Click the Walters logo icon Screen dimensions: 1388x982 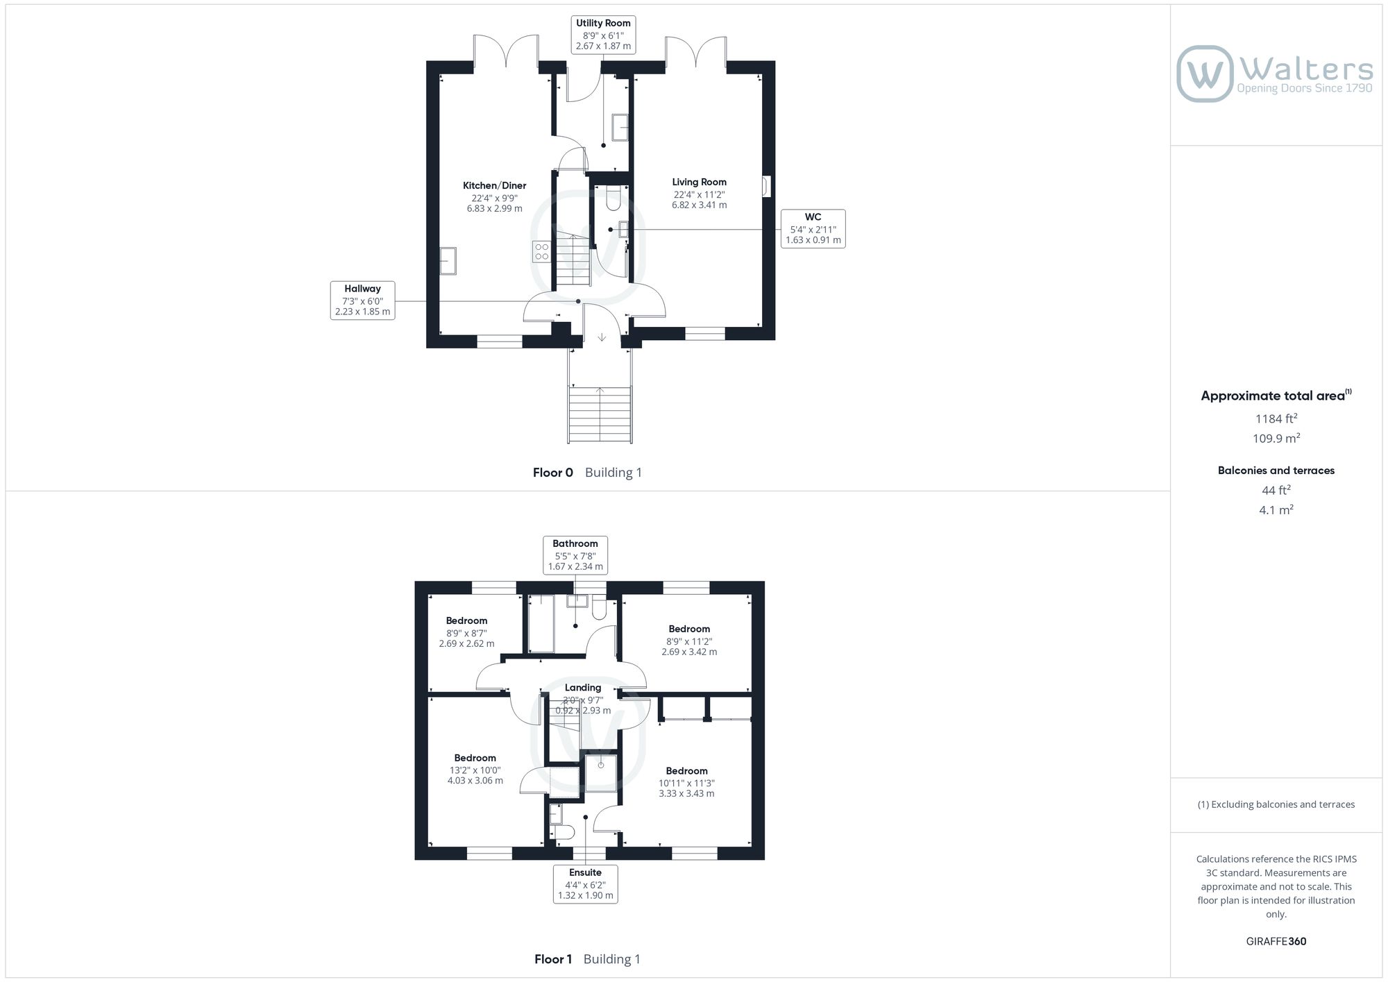(1205, 74)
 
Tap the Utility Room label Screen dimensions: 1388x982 (603, 23)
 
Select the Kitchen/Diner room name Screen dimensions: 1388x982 (495, 185)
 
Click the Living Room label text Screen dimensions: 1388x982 (699, 182)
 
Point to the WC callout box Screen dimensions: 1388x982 (813, 228)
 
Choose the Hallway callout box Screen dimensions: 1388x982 (362, 300)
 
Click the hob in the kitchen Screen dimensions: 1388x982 (541, 251)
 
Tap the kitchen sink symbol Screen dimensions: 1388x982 (448, 261)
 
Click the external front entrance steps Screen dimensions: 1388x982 (600, 414)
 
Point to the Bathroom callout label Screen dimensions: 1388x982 (575, 555)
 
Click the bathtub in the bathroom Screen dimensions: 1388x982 (541, 623)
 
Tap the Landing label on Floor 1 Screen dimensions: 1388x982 (583, 688)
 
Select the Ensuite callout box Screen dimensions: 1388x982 (586, 883)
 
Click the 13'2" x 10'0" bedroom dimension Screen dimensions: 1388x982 (475, 770)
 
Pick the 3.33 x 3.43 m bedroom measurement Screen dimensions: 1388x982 (686, 793)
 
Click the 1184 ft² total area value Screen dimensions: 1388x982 (1276, 418)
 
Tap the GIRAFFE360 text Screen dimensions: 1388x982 (1276, 942)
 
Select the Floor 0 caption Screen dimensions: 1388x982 (553, 473)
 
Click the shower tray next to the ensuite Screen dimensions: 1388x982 (600, 774)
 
